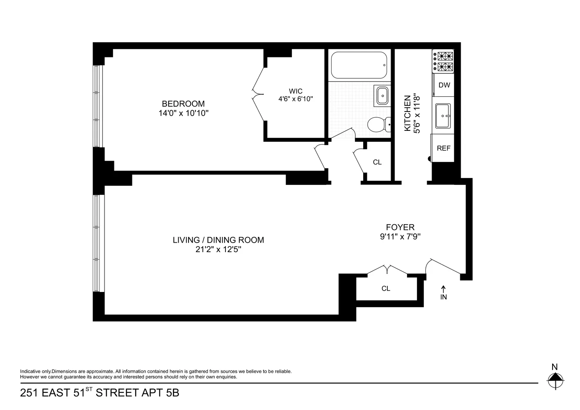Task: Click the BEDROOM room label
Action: pyautogui.click(x=183, y=104)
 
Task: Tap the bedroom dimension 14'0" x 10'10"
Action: pyautogui.click(x=184, y=113)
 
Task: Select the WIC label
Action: pyautogui.click(x=296, y=91)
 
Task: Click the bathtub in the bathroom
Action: pyautogui.click(x=359, y=65)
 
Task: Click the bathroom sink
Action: pyautogui.click(x=382, y=96)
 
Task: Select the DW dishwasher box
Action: pyautogui.click(x=444, y=85)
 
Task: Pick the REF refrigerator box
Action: pyautogui.click(x=443, y=148)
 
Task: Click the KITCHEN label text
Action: pyautogui.click(x=407, y=113)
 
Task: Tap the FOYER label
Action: pyautogui.click(x=400, y=227)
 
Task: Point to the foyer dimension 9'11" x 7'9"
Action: pyautogui.click(x=400, y=237)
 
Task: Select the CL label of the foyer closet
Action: pyautogui.click(x=386, y=289)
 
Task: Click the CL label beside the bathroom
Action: pyautogui.click(x=377, y=162)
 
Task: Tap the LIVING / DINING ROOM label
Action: pyautogui.click(x=218, y=240)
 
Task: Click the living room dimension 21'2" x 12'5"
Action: pyautogui.click(x=218, y=249)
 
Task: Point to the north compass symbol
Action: pyautogui.click(x=555, y=378)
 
